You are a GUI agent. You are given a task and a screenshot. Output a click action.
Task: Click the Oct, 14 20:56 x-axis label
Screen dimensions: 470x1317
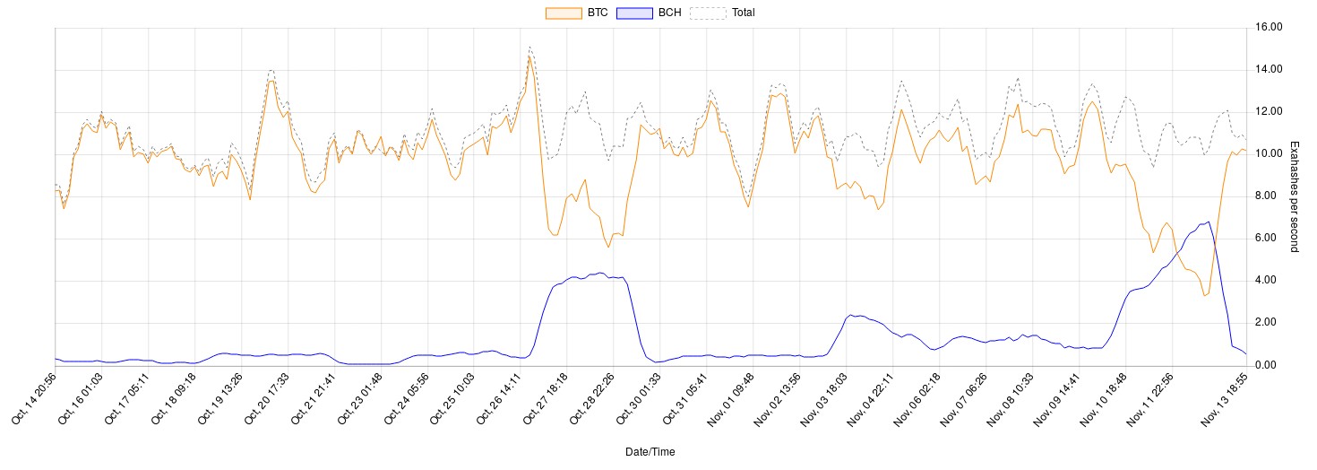point(32,398)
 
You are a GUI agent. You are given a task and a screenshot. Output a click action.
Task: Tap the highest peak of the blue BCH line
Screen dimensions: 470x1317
point(1209,222)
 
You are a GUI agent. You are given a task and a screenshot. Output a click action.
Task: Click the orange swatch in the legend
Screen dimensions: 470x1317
point(564,13)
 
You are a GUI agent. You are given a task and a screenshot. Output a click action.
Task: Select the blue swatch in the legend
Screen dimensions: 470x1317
point(635,13)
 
